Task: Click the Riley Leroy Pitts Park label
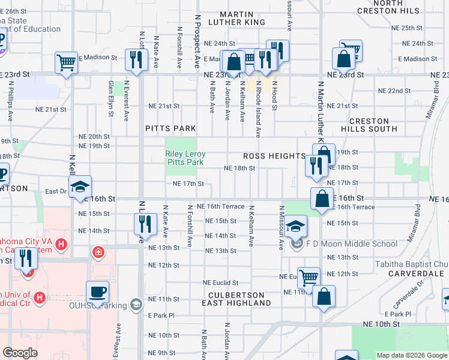(x=184, y=158)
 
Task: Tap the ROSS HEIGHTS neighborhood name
(x=274, y=155)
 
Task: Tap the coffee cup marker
(x=97, y=292)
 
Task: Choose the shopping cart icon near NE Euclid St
(x=309, y=278)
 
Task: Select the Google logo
(x=20, y=353)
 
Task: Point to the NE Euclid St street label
(x=220, y=283)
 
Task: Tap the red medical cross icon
(x=97, y=251)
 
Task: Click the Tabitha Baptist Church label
(x=412, y=264)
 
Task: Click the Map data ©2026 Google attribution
(x=412, y=355)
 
